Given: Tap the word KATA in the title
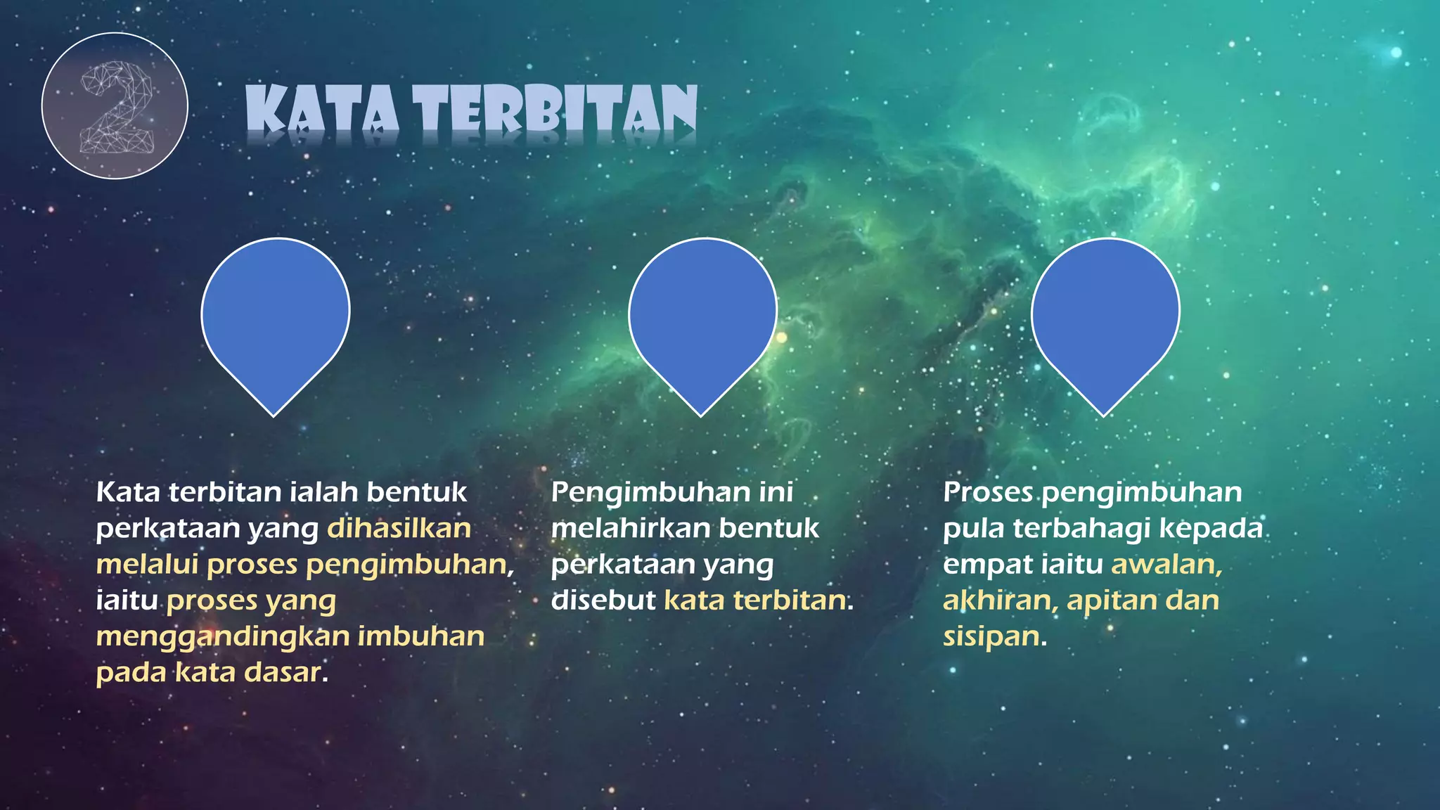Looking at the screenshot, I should pos(323,110).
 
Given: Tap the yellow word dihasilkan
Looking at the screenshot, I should pos(399,529).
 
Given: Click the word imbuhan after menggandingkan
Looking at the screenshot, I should pos(421,636).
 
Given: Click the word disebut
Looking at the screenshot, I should pos(603,601).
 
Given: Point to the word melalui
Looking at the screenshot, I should pos(147,565).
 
